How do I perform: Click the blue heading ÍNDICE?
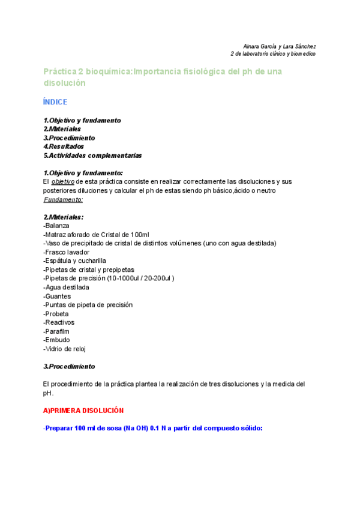55,102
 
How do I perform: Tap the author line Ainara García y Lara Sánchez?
280,46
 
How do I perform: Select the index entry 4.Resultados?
64,146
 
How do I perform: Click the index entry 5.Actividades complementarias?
92,155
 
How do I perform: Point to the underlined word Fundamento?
63,199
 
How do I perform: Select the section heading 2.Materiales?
64,217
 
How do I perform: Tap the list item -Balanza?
56,226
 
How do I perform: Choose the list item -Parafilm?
57,331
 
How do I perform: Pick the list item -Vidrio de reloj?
65,349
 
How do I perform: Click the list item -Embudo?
56,340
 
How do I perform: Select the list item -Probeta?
56,314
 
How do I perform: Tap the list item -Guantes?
57,296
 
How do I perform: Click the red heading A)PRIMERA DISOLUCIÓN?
83,411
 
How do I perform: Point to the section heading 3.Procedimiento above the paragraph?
69,366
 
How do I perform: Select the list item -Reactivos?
58,322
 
